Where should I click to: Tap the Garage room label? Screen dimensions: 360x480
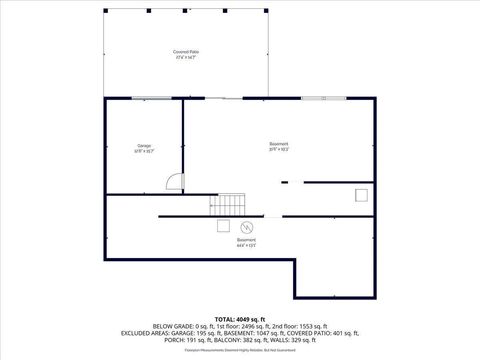[x=144, y=146]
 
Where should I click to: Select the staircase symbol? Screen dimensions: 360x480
[x=226, y=204]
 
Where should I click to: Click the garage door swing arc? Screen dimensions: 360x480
[x=174, y=182]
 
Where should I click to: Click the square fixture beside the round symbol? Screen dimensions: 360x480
[x=221, y=225]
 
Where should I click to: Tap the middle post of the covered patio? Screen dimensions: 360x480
[x=186, y=10]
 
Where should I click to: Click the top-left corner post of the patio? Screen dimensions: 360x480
[x=105, y=10]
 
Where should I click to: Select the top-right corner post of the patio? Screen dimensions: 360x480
[x=267, y=10]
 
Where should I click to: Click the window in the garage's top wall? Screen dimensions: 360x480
[x=149, y=98]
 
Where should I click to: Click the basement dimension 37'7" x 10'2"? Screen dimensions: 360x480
[x=279, y=150]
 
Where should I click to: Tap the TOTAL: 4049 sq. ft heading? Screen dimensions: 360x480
[x=240, y=318]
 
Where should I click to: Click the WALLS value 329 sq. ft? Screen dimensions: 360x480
[x=297, y=340]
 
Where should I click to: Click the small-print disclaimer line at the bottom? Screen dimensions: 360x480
[x=240, y=350]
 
